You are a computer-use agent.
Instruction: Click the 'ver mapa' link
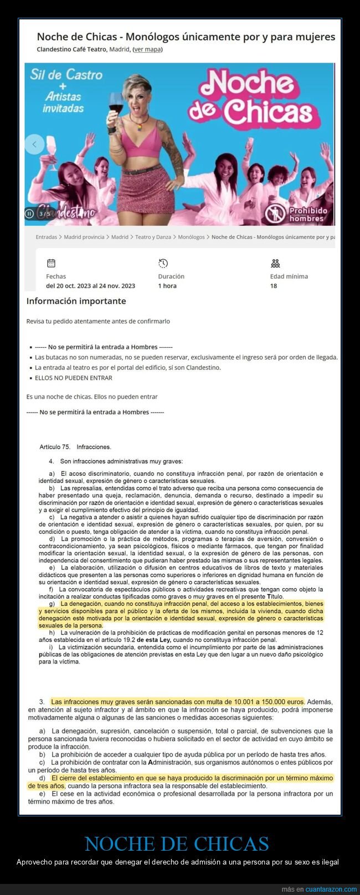point(147,49)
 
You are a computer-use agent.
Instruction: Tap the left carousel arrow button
point(34,145)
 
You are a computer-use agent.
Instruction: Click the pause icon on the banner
point(29,214)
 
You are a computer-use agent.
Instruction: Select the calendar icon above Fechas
point(51,263)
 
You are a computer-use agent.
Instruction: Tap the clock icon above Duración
point(163,263)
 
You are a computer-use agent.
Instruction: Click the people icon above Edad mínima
point(275,263)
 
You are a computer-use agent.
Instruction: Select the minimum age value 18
point(274,286)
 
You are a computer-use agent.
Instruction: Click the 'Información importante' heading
point(76,301)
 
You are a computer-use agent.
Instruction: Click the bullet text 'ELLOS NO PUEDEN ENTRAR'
point(73,378)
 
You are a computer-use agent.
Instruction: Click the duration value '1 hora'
point(167,286)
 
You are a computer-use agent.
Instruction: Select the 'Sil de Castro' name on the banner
point(66,74)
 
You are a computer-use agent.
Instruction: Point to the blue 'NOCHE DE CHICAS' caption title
point(177,843)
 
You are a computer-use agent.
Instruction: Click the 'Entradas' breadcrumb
point(46,237)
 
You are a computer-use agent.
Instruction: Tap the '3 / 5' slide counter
point(44,214)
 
